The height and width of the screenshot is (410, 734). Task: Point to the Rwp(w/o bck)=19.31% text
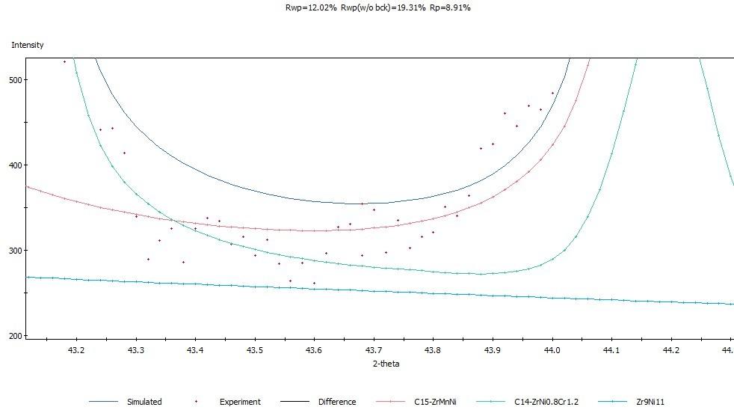[x=367, y=7]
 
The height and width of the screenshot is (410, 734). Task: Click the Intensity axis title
[x=28, y=46]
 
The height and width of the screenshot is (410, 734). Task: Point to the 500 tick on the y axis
[x=14, y=80]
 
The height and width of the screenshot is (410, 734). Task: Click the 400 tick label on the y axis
[x=14, y=165]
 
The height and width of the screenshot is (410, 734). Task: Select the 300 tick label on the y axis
[x=14, y=251]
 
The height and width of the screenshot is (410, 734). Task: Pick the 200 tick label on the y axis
[x=14, y=336]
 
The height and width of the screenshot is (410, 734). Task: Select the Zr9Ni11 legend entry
[x=648, y=402]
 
